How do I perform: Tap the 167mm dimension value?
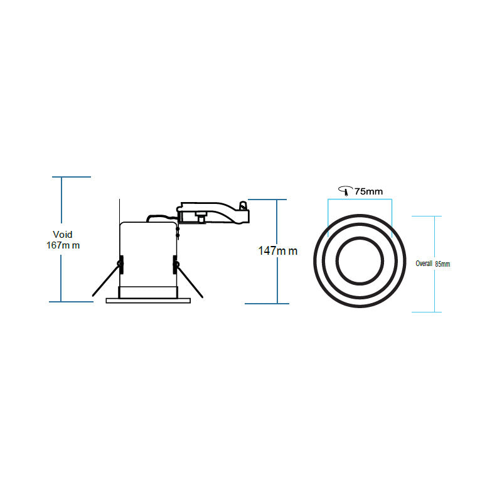click(63, 245)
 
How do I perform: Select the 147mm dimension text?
click(278, 251)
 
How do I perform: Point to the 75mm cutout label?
click(369, 191)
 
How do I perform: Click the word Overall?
click(424, 264)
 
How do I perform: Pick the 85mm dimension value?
click(442, 264)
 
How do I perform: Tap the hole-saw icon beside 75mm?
click(344, 191)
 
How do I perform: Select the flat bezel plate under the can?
click(147, 301)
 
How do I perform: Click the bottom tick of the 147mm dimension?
click(267, 304)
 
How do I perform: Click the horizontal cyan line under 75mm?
click(360, 200)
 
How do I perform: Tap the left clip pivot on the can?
click(120, 264)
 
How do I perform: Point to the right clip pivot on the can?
click(174, 264)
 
